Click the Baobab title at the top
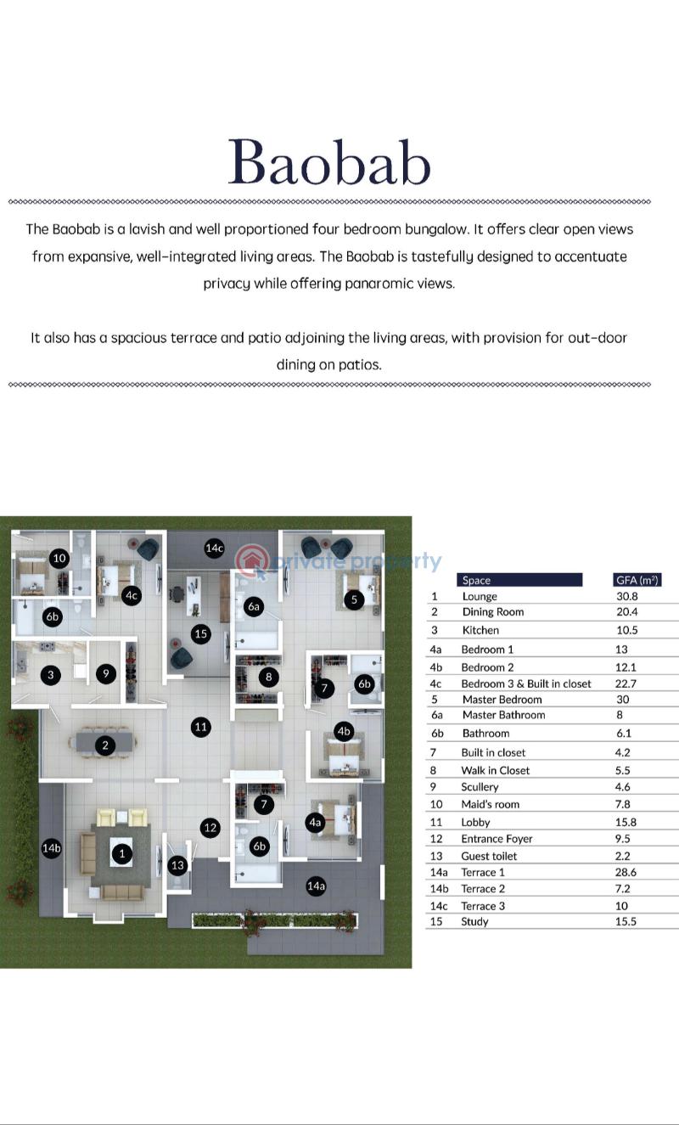(x=329, y=161)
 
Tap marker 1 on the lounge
(x=122, y=853)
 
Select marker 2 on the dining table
(x=105, y=745)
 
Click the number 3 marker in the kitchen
(x=51, y=675)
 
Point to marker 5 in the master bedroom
(x=356, y=599)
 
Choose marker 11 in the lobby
(x=200, y=727)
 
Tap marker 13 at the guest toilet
(x=177, y=866)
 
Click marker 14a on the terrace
(x=317, y=886)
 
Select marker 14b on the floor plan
(x=52, y=848)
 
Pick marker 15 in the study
(x=200, y=633)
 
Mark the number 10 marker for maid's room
(x=59, y=558)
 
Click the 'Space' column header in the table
(x=477, y=581)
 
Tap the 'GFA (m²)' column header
(x=637, y=581)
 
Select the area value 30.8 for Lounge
(x=626, y=597)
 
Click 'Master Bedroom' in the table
(x=502, y=700)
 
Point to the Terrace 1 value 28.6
(x=626, y=872)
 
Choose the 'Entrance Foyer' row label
(x=497, y=839)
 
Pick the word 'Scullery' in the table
(x=480, y=787)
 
